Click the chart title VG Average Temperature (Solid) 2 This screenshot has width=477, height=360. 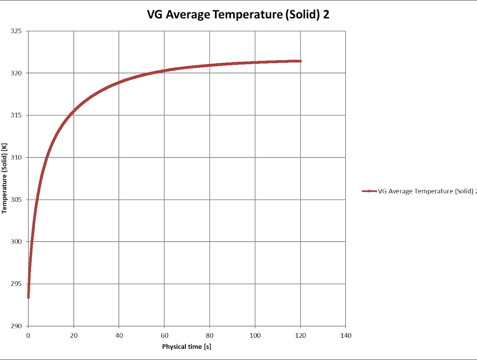point(238,15)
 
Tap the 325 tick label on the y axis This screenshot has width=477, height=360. point(16,31)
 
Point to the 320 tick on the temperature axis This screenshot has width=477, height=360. point(16,73)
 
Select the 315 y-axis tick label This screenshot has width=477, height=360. point(16,115)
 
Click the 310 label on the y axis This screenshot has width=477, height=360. point(16,157)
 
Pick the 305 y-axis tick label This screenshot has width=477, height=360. point(16,200)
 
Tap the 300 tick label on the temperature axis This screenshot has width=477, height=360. point(16,242)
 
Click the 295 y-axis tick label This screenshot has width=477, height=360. point(16,284)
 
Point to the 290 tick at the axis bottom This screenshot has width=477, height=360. point(16,326)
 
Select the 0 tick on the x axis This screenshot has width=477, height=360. point(28,335)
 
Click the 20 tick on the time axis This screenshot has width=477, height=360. point(74,335)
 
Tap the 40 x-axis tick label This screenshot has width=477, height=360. point(119,335)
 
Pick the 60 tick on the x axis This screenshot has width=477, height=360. point(164,335)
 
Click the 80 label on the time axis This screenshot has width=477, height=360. point(210,335)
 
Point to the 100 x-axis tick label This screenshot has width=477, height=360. point(255,335)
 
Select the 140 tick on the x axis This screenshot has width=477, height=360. point(346,335)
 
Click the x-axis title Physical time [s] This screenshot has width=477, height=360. point(187,347)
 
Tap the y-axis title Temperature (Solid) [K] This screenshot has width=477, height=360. point(4,178)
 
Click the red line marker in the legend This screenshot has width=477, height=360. point(369,191)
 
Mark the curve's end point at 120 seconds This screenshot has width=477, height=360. point(300,61)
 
